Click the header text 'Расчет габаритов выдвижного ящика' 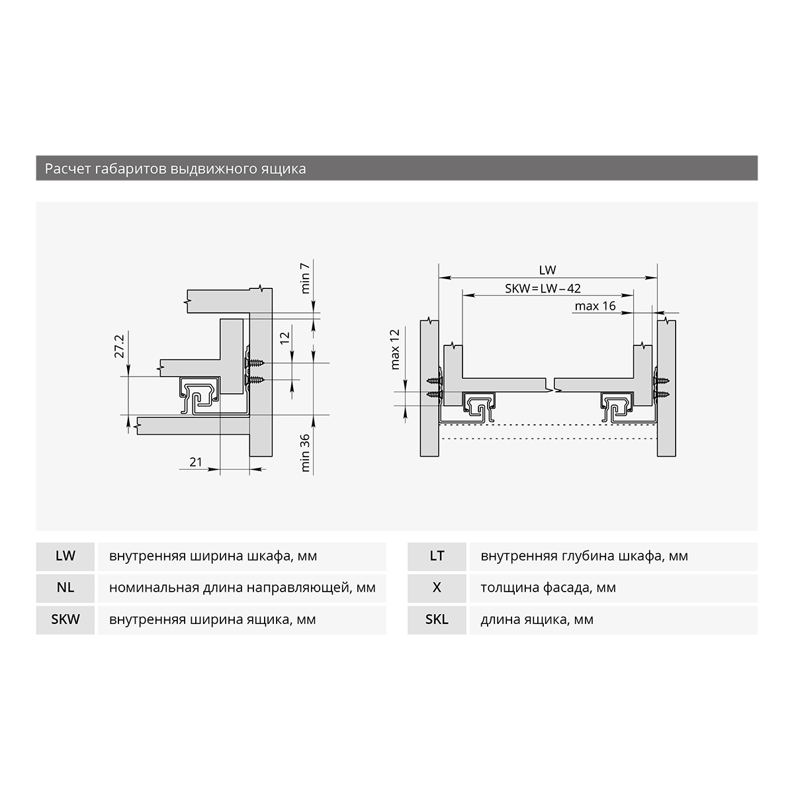tap(175, 169)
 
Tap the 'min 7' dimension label tap(305, 278)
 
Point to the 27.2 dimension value tap(119, 346)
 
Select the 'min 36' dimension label tap(305, 453)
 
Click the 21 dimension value tap(196, 462)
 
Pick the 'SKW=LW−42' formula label tap(543, 288)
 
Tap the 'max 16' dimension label tap(595, 306)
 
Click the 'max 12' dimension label tap(395, 349)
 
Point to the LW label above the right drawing tap(548, 270)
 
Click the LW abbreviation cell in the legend tap(66, 556)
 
